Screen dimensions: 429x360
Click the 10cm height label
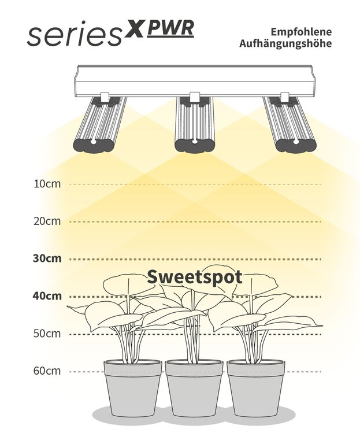coord(47,184)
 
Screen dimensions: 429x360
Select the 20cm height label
coord(47,221)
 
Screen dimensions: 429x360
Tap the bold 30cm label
coord(47,258)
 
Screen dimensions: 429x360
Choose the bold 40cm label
coord(47,296)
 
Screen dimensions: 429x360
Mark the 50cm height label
coord(47,334)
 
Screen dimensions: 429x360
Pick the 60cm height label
coord(47,371)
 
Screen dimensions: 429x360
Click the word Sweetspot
coord(194,276)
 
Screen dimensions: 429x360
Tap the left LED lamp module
coord(99,124)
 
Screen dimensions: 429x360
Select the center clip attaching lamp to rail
coord(194,97)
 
